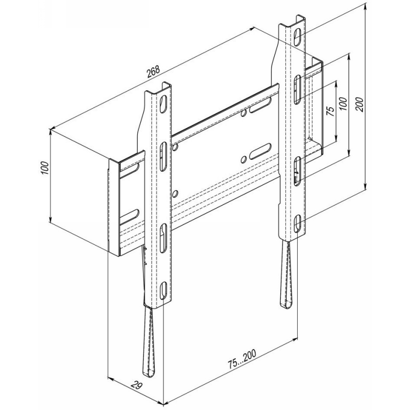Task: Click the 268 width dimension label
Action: point(153,72)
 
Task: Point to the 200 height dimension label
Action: point(360,104)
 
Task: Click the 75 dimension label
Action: point(331,111)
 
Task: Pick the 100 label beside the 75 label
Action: point(344,104)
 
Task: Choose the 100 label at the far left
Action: point(45,168)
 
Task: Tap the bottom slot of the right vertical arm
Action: point(298,223)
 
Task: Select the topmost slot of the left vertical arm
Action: point(163,105)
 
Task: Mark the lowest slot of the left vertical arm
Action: point(163,291)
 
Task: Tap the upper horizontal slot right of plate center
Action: point(260,106)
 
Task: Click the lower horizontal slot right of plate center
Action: point(260,151)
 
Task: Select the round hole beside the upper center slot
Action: point(244,113)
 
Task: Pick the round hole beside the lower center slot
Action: point(244,159)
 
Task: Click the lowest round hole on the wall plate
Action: point(175,194)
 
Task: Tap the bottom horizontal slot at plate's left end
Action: point(130,216)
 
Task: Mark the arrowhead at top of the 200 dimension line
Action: point(365,6)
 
